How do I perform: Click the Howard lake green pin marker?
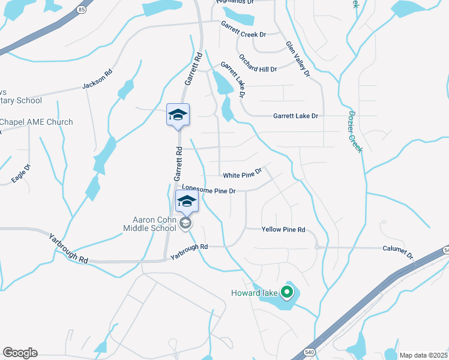point(287,292)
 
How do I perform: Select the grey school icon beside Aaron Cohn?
point(185,223)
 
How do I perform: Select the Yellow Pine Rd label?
point(283,229)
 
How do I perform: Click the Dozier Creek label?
point(355,131)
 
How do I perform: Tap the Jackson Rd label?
point(97,80)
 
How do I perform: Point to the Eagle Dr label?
point(20,174)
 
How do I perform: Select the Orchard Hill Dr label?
point(258,64)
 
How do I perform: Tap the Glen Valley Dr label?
point(297,58)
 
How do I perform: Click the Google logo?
point(20,353)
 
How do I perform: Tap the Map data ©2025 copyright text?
point(423,355)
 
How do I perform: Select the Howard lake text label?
point(255,293)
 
